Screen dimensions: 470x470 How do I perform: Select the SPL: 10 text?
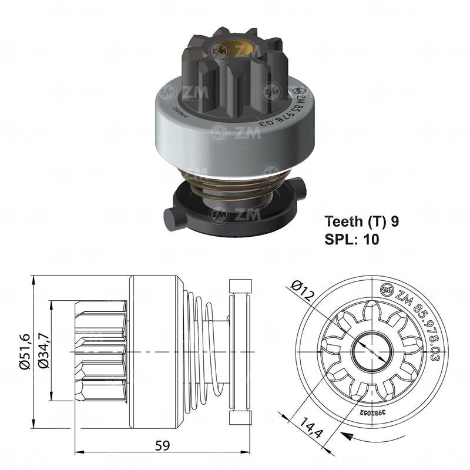[x=352, y=239]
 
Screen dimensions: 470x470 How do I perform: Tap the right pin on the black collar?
[x=301, y=192]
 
